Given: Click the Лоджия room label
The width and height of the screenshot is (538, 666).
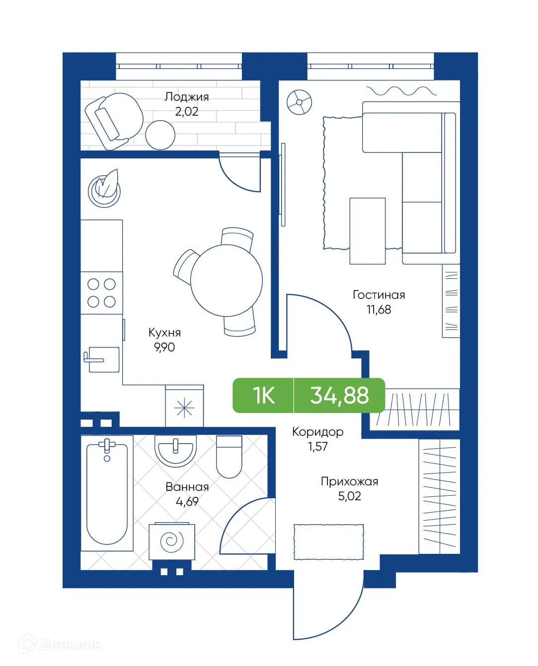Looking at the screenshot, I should (x=186, y=97).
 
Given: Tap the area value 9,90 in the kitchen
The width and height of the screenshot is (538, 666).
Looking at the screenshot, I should (x=164, y=347).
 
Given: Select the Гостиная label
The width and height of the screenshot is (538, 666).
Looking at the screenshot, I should (x=379, y=295).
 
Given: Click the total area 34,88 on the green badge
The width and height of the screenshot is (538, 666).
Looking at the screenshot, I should (x=339, y=396).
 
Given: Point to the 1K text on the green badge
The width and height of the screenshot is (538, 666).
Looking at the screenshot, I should (x=263, y=396).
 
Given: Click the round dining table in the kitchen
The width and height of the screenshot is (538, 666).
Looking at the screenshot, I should (x=226, y=280).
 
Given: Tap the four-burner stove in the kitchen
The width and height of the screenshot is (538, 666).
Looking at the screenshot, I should (x=101, y=293).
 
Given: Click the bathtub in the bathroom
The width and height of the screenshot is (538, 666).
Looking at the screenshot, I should (x=107, y=494).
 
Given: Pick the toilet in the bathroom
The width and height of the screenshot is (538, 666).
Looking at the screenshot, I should (x=229, y=457).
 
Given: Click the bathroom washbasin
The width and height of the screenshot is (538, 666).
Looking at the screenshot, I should (x=175, y=450).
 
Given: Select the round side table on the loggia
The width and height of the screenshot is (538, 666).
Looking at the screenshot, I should (x=160, y=134).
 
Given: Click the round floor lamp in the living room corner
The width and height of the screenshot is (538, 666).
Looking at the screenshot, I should (x=300, y=103).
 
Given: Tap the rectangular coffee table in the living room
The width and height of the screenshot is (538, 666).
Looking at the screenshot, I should (x=367, y=231).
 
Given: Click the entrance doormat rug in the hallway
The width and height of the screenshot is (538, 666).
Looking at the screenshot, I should (x=328, y=541).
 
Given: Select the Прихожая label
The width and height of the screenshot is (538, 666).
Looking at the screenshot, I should (x=349, y=481).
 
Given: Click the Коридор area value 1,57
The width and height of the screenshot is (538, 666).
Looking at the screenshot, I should (x=317, y=447).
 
